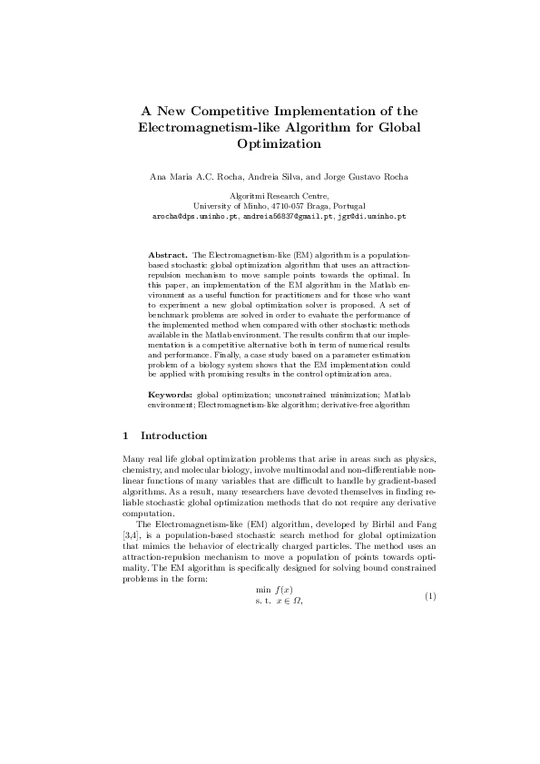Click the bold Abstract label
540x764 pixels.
pyautogui.click(x=168, y=257)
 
